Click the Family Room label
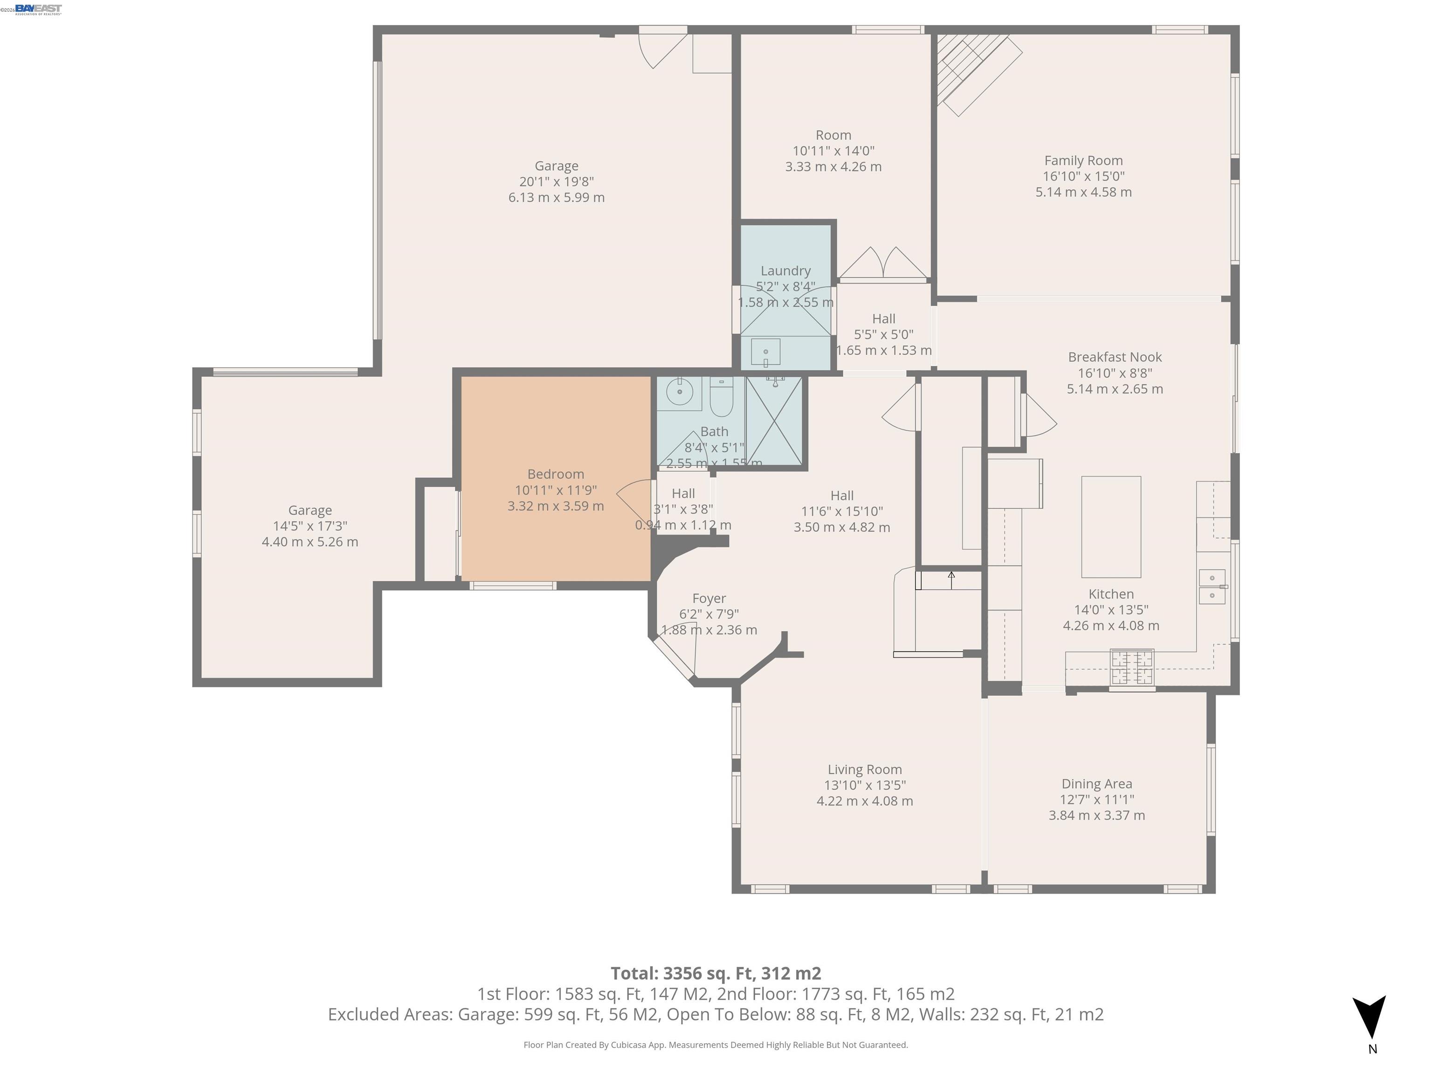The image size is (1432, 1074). pyautogui.click(x=1083, y=160)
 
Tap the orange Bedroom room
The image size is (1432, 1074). pyautogui.click(x=556, y=531)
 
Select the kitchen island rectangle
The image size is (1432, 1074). pyautogui.click(x=1111, y=526)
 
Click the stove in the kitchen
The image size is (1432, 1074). pyautogui.click(x=1132, y=668)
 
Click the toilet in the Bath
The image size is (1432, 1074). pyautogui.click(x=721, y=396)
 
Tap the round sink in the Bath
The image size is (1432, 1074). pyautogui.click(x=679, y=392)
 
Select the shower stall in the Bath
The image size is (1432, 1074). pyautogui.click(x=774, y=421)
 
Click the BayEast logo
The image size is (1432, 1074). pyautogui.click(x=38, y=9)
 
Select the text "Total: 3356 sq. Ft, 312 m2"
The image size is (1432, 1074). pyautogui.click(x=716, y=973)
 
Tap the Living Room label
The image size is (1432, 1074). pyautogui.click(x=864, y=769)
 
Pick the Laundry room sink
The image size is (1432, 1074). pyautogui.click(x=765, y=352)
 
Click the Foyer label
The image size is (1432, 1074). pyautogui.click(x=709, y=598)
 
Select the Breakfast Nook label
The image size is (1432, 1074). pyautogui.click(x=1114, y=357)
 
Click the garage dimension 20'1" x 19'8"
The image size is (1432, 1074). pyautogui.click(x=556, y=182)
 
